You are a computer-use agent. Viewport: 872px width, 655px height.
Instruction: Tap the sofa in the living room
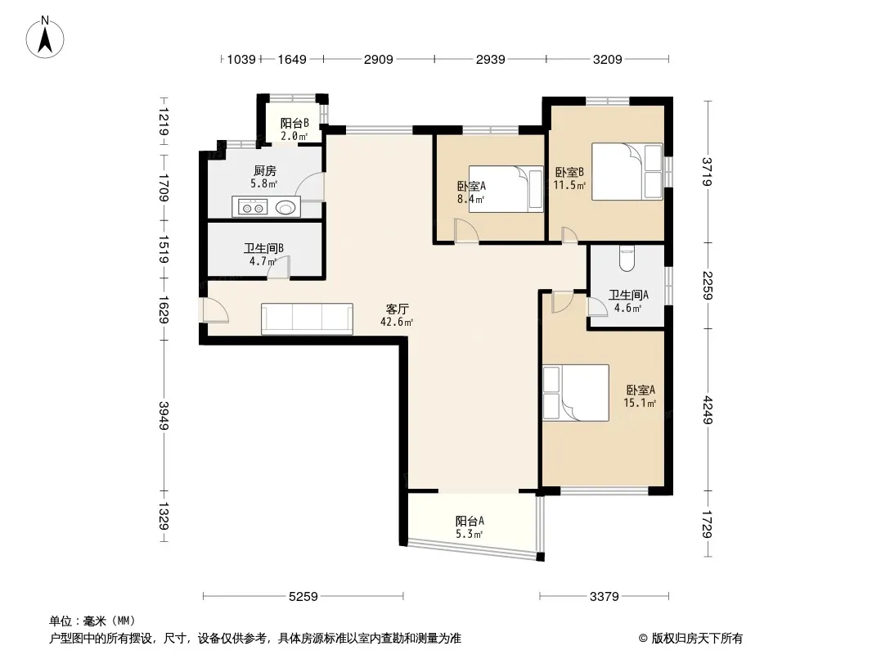point(307,318)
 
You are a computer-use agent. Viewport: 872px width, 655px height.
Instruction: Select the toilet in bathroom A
point(627,258)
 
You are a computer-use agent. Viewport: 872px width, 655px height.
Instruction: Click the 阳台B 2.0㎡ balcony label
point(294,129)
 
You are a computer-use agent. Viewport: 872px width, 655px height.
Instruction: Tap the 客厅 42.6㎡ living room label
point(397,315)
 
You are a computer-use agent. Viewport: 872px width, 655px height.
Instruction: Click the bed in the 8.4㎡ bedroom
point(506,188)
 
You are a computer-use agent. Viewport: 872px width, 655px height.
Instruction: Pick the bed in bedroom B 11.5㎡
point(627,171)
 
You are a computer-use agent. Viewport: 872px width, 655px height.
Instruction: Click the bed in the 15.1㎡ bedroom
point(576,392)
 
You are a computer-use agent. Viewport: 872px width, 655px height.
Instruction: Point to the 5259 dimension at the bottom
point(303,597)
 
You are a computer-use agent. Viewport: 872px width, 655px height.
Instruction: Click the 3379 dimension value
point(604,597)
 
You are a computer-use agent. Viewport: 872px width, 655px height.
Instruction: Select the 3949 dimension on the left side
point(164,415)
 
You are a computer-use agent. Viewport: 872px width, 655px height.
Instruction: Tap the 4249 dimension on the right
point(708,409)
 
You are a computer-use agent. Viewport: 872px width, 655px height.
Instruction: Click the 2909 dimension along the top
point(378,59)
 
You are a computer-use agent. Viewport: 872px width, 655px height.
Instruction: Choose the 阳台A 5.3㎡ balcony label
point(470,527)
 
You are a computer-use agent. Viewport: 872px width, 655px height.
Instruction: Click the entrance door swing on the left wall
point(215,311)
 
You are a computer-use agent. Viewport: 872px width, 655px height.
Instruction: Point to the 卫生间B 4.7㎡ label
point(263,255)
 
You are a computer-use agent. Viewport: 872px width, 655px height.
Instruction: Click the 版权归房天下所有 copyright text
point(690,639)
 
